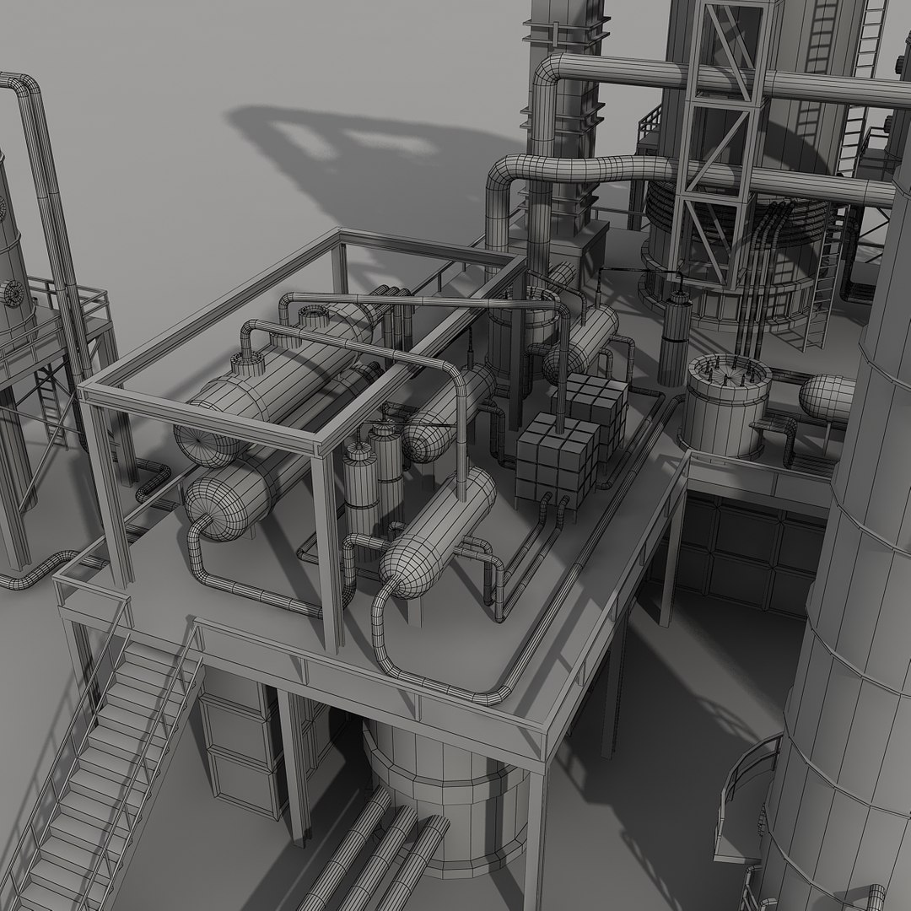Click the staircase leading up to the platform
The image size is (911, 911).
(x=110, y=759)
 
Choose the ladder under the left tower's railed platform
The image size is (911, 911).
(x=49, y=405)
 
